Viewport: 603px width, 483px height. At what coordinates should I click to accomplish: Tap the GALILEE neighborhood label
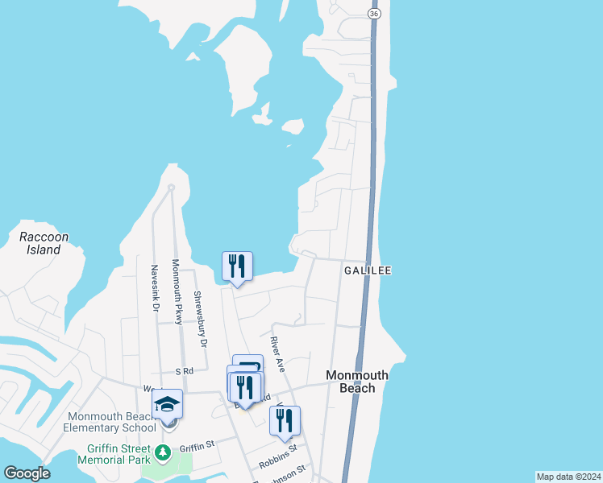pyautogui.click(x=368, y=270)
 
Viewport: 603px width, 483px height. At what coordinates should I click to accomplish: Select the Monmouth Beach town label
pyautogui.click(x=356, y=382)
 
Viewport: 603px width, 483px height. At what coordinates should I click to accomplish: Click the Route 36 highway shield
pyautogui.click(x=372, y=15)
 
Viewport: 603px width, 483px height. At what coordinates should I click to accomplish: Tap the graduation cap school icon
pyautogui.click(x=167, y=403)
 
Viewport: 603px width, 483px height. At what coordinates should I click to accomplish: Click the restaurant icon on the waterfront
pyautogui.click(x=237, y=266)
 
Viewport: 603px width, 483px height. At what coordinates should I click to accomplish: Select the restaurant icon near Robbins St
pyautogui.click(x=285, y=420)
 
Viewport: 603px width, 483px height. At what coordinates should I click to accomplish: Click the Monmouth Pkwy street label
pyautogui.click(x=177, y=291)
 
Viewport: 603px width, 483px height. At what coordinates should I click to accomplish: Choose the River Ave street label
pyautogui.click(x=278, y=353)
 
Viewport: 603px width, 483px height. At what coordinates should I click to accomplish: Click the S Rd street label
pyautogui.click(x=185, y=371)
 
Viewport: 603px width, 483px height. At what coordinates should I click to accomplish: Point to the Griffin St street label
pyautogui.click(x=197, y=445)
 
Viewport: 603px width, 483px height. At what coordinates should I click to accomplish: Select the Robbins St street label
pyautogui.click(x=278, y=456)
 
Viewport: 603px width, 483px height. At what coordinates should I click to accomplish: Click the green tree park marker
pyautogui.click(x=164, y=452)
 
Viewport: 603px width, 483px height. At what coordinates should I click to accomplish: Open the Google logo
pyautogui.click(x=27, y=473)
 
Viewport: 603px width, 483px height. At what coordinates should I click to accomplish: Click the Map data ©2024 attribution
pyautogui.click(x=568, y=477)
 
